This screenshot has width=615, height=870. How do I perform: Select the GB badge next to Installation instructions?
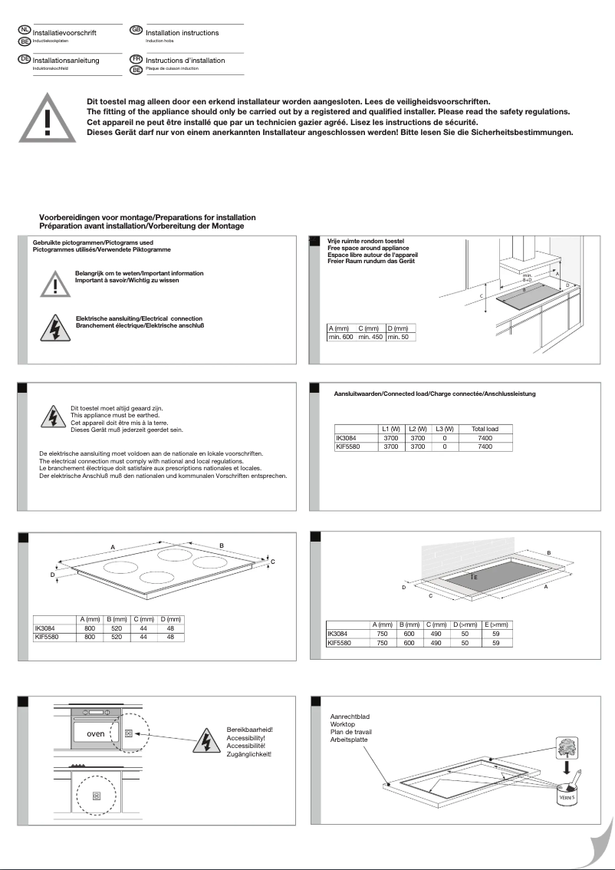(136, 30)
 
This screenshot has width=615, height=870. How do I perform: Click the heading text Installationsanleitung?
(65, 61)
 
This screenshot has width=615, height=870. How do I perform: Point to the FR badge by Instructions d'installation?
(136, 58)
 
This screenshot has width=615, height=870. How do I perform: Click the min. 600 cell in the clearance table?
(340, 337)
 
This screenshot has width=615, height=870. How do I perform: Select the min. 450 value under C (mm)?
(370, 337)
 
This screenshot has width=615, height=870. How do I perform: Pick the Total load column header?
(485, 428)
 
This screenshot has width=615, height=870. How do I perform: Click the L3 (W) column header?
(444, 428)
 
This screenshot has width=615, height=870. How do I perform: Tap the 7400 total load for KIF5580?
(485, 446)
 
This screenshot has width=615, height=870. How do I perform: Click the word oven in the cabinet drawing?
(95, 734)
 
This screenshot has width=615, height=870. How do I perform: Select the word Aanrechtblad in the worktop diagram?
(338, 716)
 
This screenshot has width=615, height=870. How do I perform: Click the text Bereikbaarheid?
(250, 729)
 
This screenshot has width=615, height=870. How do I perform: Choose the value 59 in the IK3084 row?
(496, 634)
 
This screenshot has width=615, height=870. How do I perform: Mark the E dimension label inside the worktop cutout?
(475, 576)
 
